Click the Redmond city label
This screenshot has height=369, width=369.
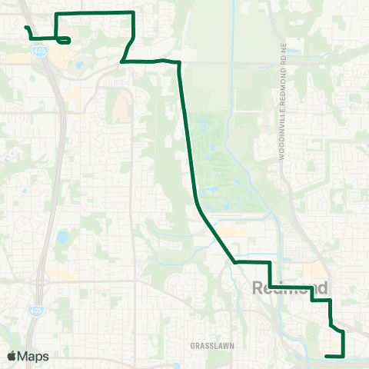click(x=291, y=288)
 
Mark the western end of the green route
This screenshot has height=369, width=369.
click(x=26, y=28)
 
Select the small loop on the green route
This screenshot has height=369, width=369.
click(x=65, y=39)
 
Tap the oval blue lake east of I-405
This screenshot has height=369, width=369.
click(x=63, y=236)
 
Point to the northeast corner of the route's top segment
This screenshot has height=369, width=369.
click(x=134, y=13)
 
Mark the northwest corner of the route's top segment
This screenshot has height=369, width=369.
click(x=58, y=15)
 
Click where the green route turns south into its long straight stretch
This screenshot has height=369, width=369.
click(x=179, y=62)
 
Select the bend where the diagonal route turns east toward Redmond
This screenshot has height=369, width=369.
click(x=235, y=262)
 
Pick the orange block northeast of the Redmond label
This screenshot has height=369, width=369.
click(x=314, y=271)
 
